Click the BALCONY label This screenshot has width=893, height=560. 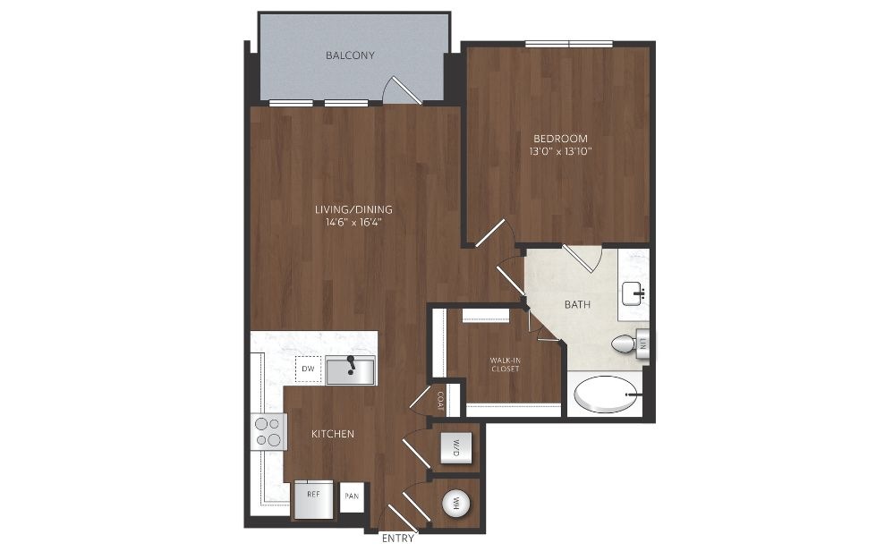click(350, 55)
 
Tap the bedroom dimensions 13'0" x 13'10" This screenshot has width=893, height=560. click(560, 151)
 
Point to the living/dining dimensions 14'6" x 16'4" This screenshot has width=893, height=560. click(353, 222)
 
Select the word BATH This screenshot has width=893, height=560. click(577, 304)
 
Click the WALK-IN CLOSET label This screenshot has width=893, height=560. click(506, 364)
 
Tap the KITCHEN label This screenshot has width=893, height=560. click(333, 434)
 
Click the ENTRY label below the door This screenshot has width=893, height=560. click(397, 539)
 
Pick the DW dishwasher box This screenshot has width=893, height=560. click(308, 369)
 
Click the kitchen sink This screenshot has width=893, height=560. click(350, 370)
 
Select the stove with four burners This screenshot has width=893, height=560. click(268, 432)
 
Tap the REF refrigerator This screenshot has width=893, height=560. click(314, 500)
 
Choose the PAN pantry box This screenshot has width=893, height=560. click(352, 496)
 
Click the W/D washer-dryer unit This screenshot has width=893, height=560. click(456, 448)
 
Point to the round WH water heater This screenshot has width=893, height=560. click(456, 504)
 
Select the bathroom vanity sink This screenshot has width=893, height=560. click(634, 293)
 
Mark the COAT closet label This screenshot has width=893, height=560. click(440, 400)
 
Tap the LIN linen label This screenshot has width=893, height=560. click(643, 344)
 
